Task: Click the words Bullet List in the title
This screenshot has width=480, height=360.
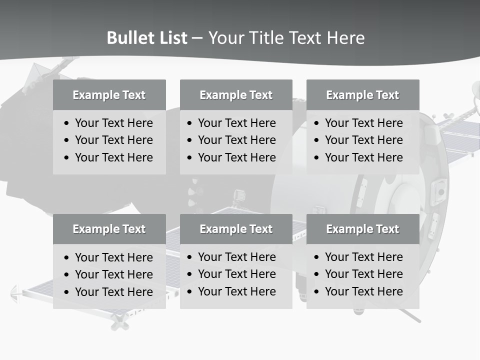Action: click(x=147, y=38)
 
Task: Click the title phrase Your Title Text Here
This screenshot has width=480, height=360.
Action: click(x=286, y=38)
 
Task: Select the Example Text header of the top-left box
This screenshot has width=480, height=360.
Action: click(x=109, y=95)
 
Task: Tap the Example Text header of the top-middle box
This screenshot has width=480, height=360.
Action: click(x=236, y=95)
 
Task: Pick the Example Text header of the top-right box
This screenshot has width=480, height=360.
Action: click(x=362, y=95)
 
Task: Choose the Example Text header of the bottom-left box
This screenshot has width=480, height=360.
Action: click(x=109, y=229)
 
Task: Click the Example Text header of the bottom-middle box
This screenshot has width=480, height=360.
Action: click(x=236, y=229)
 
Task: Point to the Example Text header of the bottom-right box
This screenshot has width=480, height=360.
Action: click(x=362, y=229)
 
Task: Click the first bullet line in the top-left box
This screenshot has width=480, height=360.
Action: click(x=113, y=123)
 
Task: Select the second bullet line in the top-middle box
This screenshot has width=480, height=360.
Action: click(x=236, y=140)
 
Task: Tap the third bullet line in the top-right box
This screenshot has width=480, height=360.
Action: click(x=363, y=157)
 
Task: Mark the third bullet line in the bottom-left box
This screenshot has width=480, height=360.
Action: click(x=113, y=292)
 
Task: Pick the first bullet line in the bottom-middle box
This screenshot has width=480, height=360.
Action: click(x=236, y=257)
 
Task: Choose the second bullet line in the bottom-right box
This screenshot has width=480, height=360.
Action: click(x=363, y=274)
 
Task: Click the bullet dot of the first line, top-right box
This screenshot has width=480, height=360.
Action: click(x=316, y=123)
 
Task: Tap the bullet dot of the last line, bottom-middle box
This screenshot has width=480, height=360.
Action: click(x=189, y=292)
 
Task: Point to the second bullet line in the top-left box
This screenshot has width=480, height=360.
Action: click(x=113, y=140)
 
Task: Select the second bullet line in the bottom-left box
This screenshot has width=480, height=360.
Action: click(x=113, y=274)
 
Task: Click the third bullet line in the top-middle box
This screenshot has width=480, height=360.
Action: click(x=236, y=157)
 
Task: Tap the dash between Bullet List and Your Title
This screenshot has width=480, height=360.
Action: click(x=197, y=38)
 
